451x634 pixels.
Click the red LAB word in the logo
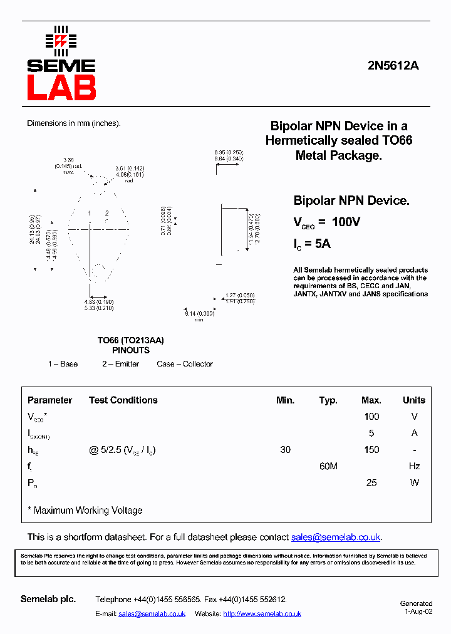click(x=61, y=88)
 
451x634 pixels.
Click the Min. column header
click(x=285, y=400)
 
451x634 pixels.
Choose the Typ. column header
click(x=328, y=400)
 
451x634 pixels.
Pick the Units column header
click(x=413, y=400)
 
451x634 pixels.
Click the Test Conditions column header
click(x=123, y=400)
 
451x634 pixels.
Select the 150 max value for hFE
click(x=371, y=450)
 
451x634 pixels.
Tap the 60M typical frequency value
click(x=328, y=466)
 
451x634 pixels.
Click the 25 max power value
click(x=371, y=483)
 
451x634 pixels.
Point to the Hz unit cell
click(x=414, y=466)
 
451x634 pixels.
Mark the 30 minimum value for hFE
click(x=285, y=450)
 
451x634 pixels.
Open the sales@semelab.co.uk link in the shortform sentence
click(x=336, y=538)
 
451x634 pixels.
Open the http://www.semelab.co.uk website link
click(x=262, y=614)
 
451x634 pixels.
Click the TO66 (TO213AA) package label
click(x=130, y=340)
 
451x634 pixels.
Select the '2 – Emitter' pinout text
click(x=121, y=364)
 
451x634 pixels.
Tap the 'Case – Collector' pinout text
click(x=185, y=364)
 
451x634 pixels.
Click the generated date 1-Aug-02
click(x=418, y=611)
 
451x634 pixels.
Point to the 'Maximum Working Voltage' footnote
click(x=88, y=511)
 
